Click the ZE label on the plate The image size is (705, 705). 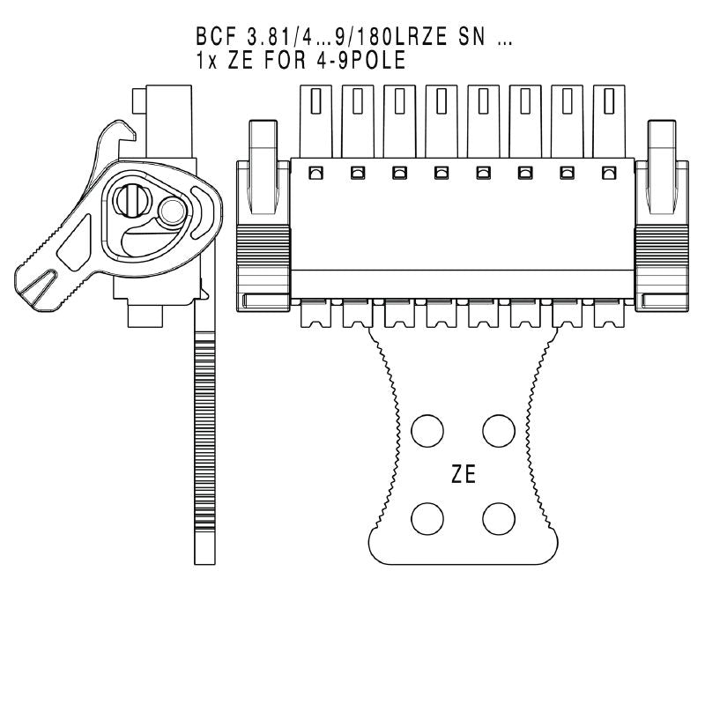[x=464, y=475]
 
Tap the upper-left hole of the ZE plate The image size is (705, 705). [x=428, y=429]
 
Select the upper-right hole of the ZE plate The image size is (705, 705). [x=499, y=429]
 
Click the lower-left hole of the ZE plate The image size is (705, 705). [x=428, y=517]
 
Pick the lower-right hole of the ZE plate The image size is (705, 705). [x=499, y=517]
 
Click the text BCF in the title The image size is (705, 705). [x=215, y=40]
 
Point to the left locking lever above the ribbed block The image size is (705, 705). [x=263, y=163]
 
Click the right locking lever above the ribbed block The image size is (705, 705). [x=663, y=163]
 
